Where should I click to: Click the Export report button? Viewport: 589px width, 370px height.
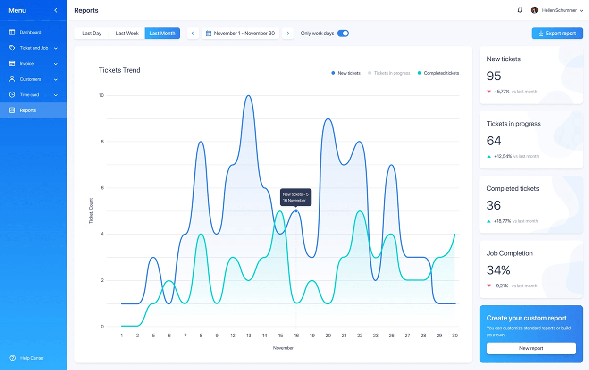(557, 34)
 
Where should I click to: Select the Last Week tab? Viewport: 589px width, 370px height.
(127, 34)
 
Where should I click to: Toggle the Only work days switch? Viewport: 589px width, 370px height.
(343, 34)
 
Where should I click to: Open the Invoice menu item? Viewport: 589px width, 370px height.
(27, 64)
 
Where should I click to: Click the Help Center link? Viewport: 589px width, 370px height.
(32, 358)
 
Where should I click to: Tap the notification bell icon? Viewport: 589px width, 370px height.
(520, 10)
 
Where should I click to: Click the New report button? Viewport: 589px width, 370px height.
(531, 348)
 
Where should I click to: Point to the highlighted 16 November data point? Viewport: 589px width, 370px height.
(296, 211)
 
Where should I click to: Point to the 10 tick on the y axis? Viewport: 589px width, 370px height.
(101, 95)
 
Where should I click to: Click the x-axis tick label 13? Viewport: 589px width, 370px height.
(249, 336)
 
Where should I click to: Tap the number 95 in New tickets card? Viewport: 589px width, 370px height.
(494, 76)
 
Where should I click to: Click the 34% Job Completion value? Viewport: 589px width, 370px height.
(498, 270)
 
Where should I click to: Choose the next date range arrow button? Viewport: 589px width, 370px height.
(288, 34)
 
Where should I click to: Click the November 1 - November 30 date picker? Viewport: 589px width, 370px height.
(240, 34)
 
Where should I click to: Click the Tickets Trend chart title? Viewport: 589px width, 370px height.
(119, 70)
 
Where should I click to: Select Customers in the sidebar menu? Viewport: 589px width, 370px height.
(30, 79)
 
